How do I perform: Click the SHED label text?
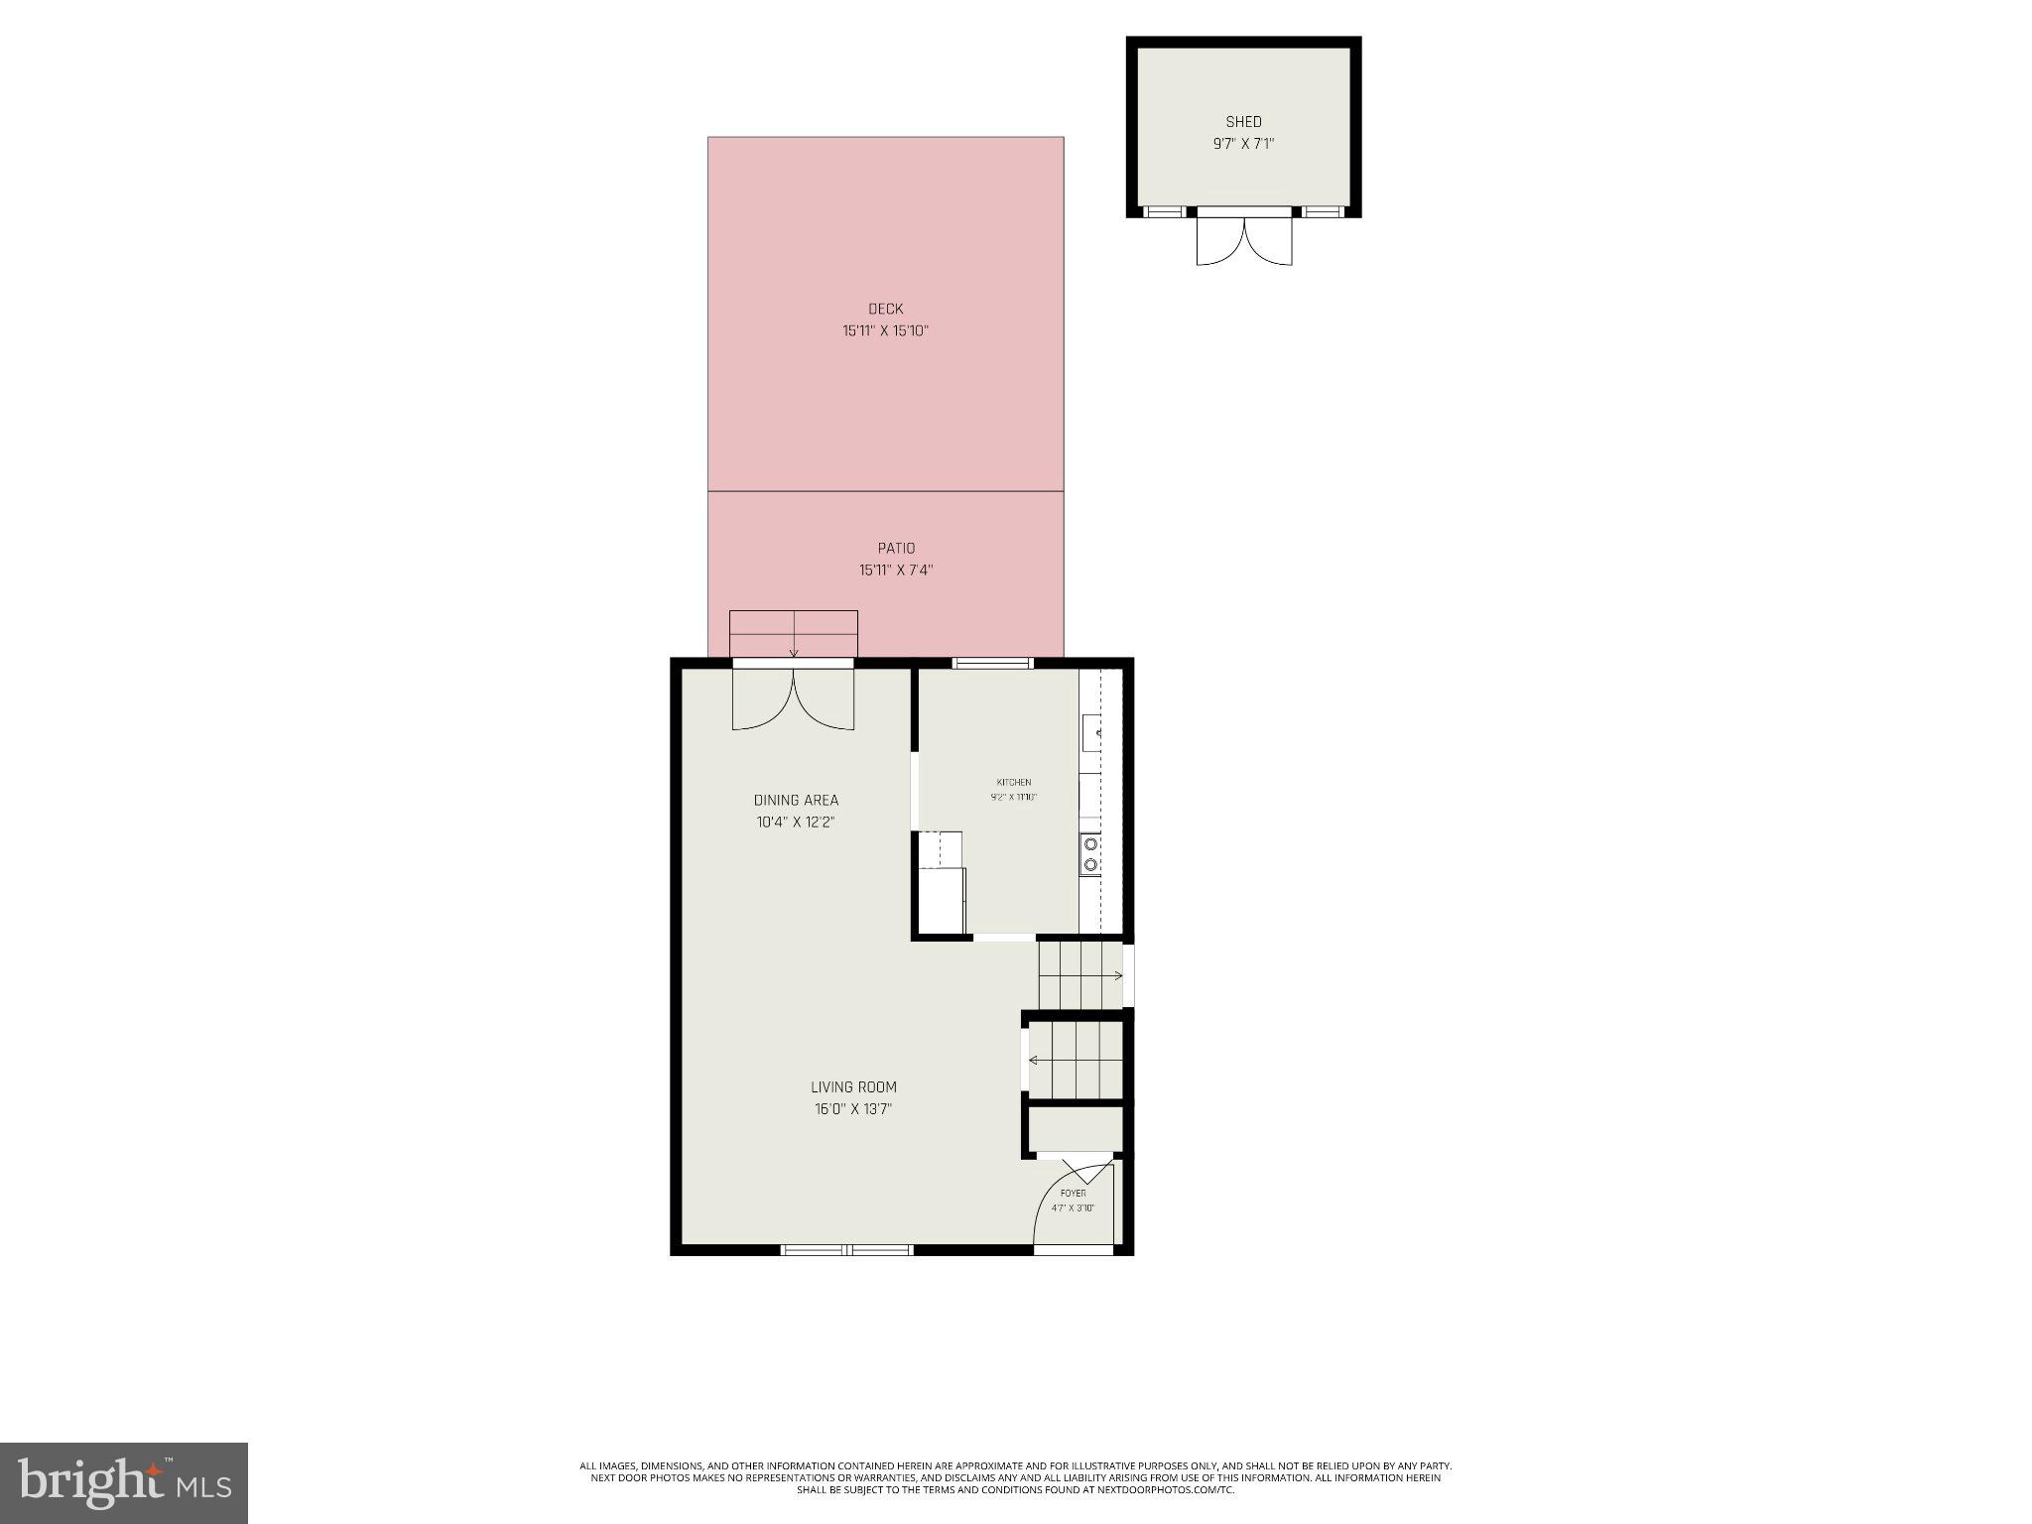[x=1243, y=122]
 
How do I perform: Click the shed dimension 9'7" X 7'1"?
[x=1243, y=144]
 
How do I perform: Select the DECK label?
[x=885, y=310]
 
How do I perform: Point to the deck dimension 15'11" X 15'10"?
[x=885, y=331]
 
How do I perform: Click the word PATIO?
[x=896, y=549]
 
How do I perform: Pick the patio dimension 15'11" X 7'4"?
[x=896, y=571]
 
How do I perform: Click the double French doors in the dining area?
[x=793, y=699]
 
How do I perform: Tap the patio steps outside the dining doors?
[x=793, y=633]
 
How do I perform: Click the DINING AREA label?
[x=796, y=801]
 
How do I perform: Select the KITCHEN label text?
[x=1014, y=783]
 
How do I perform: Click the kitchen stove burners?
[x=1090, y=854]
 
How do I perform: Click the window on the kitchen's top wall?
[x=992, y=663]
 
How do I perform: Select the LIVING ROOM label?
[x=853, y=1087]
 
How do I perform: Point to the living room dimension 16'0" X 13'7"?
[x=853, y=1109]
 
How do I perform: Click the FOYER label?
[x=1073, y=1194]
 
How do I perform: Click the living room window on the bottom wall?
[x=846, y=1249]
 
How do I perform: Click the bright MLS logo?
[x=124, y=1483]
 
